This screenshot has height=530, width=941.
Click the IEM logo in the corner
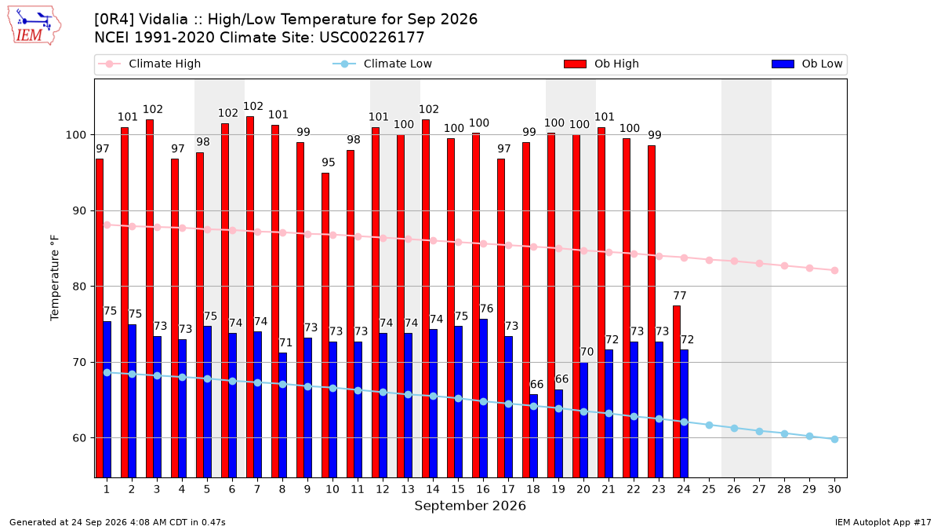point(35,26)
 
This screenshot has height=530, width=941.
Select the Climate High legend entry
point(149,64)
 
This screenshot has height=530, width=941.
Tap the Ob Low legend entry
point(807,64)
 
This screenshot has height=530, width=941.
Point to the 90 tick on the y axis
point(79,210)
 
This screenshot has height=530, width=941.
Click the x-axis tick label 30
point(834,489)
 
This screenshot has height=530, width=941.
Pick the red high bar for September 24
point(676,392)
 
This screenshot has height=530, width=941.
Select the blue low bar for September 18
point(533,436)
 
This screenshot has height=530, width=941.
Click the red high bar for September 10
point(325,325)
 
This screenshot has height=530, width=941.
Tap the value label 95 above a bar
point(329,163)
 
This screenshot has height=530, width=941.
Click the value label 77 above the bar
point(680,296)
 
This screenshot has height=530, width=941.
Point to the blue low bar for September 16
point(484,398)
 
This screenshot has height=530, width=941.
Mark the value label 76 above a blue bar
point(486,309)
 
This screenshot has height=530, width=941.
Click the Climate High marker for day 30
point(834,270)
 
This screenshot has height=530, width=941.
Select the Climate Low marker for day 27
point(759,432)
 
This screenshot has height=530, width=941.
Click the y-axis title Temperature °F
point(55,278)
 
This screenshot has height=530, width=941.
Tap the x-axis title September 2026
point(470,506)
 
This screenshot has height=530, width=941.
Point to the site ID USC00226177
point(372,38)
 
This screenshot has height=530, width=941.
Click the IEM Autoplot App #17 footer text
point(883,522)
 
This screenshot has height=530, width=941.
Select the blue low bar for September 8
point(283,415)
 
